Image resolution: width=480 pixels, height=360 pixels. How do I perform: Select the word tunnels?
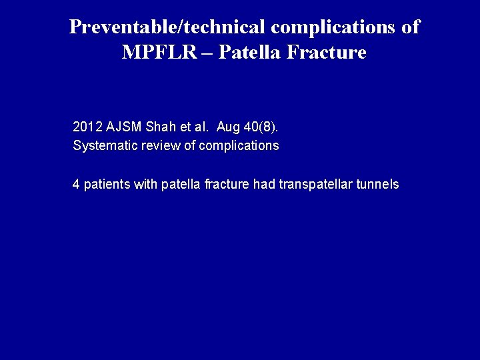[x=379, y=185]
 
